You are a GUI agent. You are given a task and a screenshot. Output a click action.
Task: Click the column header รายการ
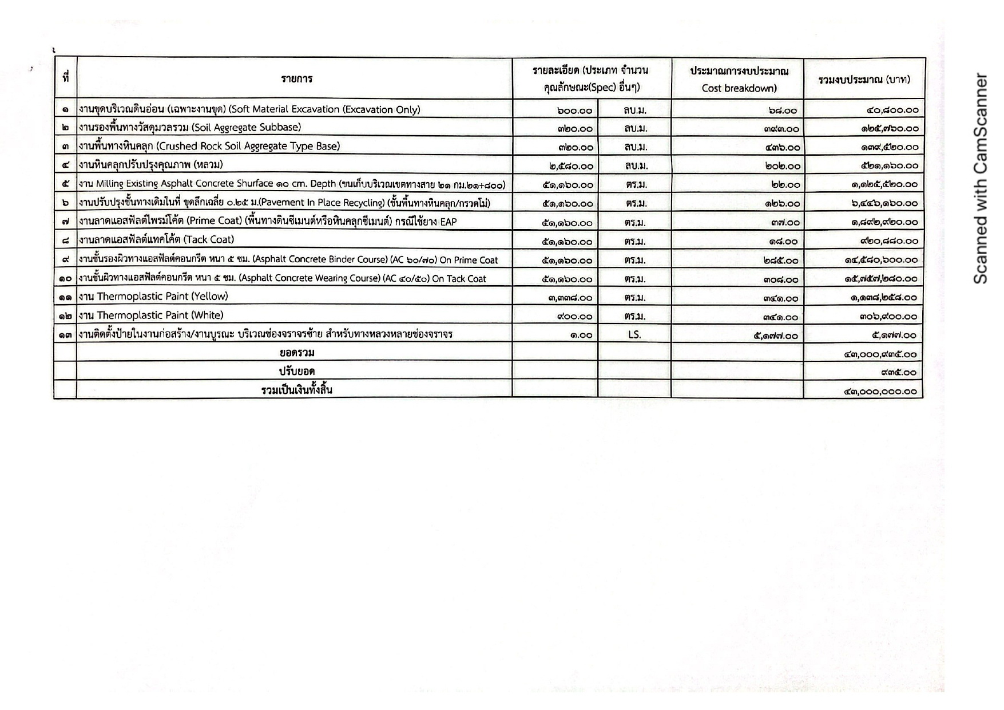(x=296, y=79)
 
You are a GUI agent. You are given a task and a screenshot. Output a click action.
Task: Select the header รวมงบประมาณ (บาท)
(x=864, y=80)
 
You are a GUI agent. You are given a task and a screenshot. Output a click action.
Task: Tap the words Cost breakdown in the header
(x=739, y=88)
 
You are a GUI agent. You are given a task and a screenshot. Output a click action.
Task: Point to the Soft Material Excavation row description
(x=249, y=109)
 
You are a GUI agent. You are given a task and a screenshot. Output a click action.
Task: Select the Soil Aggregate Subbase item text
(x=190, y=127)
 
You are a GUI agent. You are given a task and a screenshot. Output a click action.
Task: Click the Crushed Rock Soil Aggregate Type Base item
(x=209, y=146)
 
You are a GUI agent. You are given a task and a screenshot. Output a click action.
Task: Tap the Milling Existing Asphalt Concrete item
(x=292, y=184)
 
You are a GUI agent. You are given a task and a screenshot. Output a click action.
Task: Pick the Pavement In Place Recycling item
(x=284, y=203)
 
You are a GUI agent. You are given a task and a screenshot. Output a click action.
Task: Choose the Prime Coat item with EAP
(x=268, y=222)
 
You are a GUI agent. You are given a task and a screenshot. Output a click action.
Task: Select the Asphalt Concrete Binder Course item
(x=288, y=259)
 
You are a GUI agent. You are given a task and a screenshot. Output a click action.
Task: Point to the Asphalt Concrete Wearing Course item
(x=283, y=278)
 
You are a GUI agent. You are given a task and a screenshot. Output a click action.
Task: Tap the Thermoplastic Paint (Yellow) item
(x=153, y=297)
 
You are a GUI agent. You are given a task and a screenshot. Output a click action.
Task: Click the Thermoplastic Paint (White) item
(x=151, y=315)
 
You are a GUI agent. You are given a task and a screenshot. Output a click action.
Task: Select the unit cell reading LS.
(x=634, y=334)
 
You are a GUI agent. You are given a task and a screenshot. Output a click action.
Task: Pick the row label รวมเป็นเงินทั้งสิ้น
(x=297, y=391)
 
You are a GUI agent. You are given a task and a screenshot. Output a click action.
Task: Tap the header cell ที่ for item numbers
(x=66, y=77)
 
